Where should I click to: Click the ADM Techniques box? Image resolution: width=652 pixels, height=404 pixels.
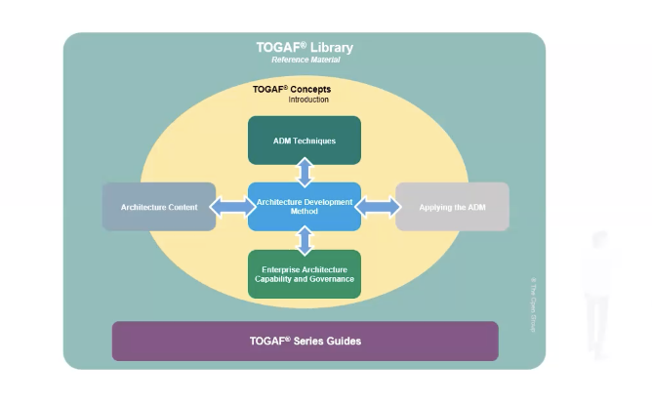pyautogui.click(x=305, y=141)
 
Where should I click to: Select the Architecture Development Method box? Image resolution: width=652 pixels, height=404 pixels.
pyautogui.click(x=305, y=207)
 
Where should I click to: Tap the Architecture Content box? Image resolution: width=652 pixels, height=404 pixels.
pyautogui.click(x=159, y=207)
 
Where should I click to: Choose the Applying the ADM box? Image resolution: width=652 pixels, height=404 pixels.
pyautogui.click(x=452, y=207)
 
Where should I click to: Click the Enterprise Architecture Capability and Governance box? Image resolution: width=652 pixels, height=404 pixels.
pyautogui.click(x=305, y=274)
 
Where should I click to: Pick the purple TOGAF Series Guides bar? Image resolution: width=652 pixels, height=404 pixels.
pyautogui.click(x=305, y=342)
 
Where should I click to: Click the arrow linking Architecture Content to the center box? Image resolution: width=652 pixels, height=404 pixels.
pyautogui.click(x=231, y=207)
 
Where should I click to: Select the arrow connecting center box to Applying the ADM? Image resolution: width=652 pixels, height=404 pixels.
pyautogui.click(x=378, y=207)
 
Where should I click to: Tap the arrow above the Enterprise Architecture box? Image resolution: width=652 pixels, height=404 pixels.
pyautogui.click(x=305, y=240)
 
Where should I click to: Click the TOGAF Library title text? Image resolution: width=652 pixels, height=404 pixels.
pyautogui.click(x=305, y=47)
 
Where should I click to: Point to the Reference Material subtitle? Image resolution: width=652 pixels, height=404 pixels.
pyautogui.click(x=305, y=61)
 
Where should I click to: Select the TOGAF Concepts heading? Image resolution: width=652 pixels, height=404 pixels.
pyautogui.click(x=292, y=89)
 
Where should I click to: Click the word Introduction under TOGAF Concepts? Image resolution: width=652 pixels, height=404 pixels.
pyautogui.click(x=308, y=100)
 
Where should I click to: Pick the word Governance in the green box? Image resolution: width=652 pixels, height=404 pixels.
pyautogui.click(x=330, y=280)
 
